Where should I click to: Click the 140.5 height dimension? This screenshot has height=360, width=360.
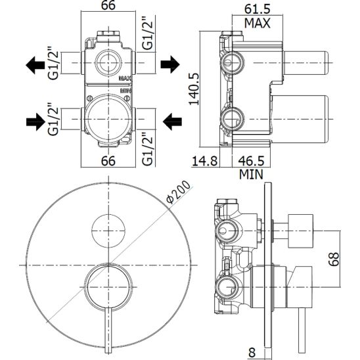(194, 89)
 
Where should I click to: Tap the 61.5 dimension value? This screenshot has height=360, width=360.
(257, 9)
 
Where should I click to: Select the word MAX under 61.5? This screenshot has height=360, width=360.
(257, 23)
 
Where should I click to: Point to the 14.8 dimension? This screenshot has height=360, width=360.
(204, 161)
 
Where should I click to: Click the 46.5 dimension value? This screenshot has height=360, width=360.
(251, 161)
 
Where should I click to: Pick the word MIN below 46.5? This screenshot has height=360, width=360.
(251, 174)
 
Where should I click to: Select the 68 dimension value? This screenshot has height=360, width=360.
(333, 259)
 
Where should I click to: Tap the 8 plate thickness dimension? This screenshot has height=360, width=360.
(252, 352)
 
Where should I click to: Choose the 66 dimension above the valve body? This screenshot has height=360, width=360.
(108, 5)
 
